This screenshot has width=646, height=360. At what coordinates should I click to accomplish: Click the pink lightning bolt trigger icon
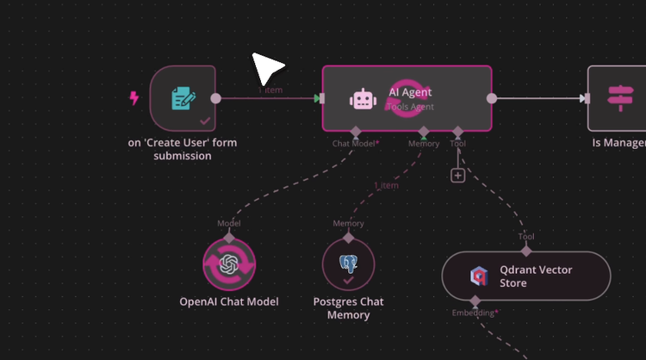[x=134, y=98]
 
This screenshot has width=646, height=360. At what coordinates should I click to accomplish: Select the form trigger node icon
[x=183, y=97]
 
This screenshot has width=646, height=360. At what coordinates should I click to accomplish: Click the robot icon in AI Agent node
[x=363, y=99]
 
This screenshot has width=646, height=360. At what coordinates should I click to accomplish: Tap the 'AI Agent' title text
[x=410, y=92]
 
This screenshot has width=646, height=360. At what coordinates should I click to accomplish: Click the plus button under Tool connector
[x=457, y=176]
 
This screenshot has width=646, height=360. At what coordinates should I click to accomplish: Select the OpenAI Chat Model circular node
[x=229, y=265]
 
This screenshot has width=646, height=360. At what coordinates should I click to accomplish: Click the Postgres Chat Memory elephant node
[x=348, y=265]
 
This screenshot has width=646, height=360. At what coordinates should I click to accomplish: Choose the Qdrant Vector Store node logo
[x=478, y=276]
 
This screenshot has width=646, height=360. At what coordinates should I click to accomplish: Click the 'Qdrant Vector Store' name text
[x=536, y=276]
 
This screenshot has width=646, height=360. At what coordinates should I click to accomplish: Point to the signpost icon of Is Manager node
[x=618, y=98]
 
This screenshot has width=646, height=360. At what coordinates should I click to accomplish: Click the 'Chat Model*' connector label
[x=356, y=144]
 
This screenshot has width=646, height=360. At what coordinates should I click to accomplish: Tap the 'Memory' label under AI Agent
[x=423, y=144]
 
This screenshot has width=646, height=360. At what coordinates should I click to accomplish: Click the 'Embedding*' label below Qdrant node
[x=475, y=313]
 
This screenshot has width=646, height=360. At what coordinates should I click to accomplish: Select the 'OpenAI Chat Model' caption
[x=228, y=302]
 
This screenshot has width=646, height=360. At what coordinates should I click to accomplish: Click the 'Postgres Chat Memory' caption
[x=348, y=308]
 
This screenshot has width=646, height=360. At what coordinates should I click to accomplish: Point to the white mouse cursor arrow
[x=265, y=68]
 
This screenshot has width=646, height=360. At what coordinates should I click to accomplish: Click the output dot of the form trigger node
[x=215, y=98]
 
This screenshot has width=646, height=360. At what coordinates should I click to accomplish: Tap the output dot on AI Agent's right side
[x=491, y=98]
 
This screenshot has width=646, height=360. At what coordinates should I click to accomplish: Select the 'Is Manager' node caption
[x=618, y=143]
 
